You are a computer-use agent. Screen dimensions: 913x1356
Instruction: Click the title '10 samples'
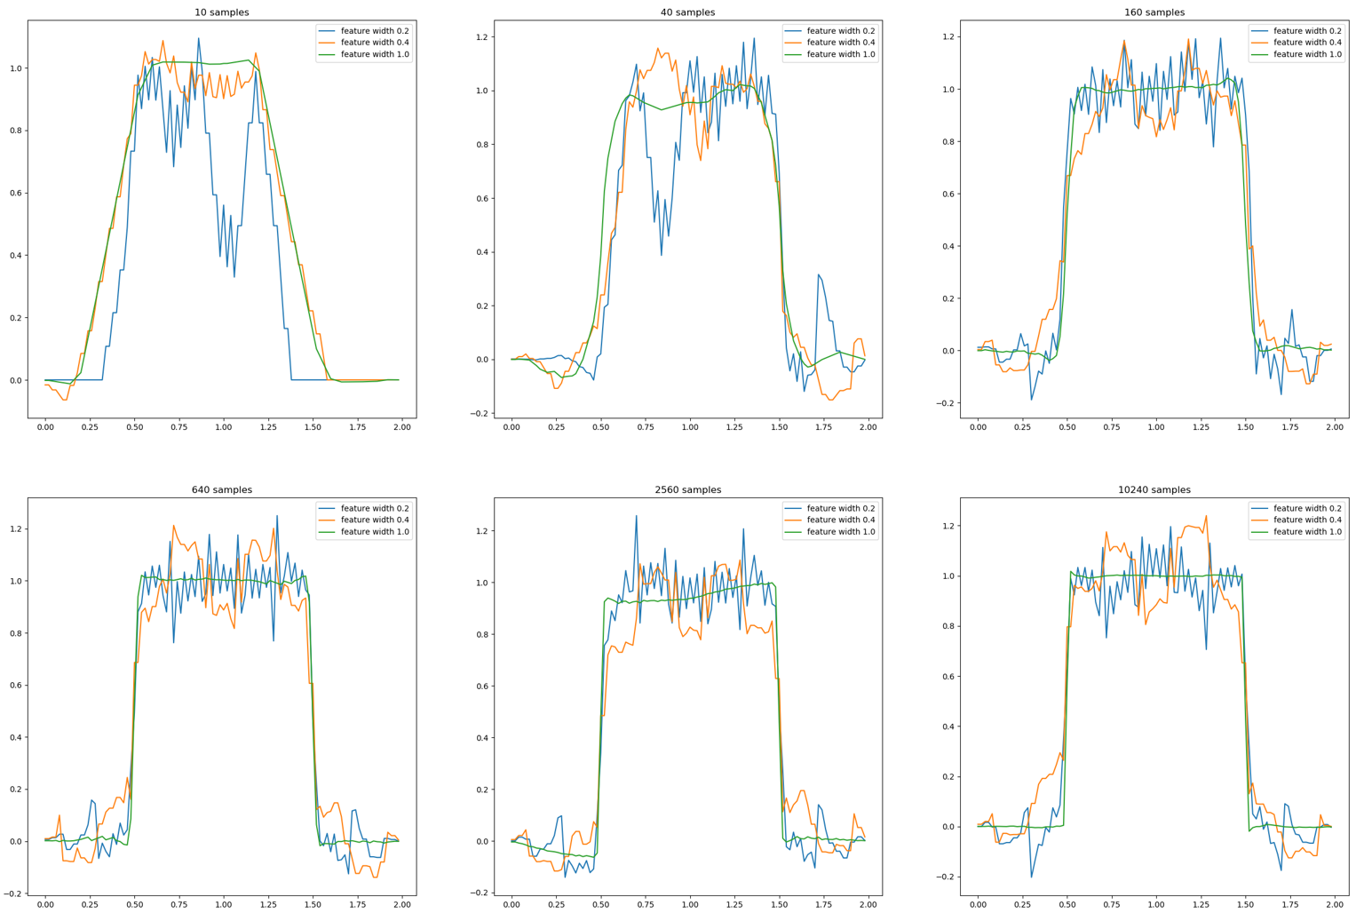[x=222, y=12]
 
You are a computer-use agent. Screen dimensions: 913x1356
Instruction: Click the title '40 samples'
[x=687, y=12]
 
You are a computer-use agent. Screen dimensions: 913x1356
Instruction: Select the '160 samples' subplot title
[x=1154, y=12]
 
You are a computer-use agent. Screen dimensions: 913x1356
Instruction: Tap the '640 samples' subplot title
[x=222, y=489]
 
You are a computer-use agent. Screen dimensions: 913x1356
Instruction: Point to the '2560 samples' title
[x=687, y=489]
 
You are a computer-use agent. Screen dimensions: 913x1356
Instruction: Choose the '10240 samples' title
[x=1154, y=489]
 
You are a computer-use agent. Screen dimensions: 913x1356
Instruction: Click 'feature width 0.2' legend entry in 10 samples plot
[x=375, y=31]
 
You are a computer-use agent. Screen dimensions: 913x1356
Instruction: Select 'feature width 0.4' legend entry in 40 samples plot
[x=840, y=43]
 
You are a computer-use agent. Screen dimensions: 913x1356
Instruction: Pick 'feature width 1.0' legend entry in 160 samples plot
[x=1307, y=54]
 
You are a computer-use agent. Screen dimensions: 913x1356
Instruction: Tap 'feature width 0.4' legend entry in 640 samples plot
[x=375, y=520]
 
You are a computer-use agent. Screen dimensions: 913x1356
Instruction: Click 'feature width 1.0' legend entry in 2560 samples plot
[x=840, y=532]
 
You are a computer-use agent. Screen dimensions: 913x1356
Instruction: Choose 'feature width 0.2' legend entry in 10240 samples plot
[x=1307, y=508]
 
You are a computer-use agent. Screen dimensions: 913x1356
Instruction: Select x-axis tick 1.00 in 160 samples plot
[x=1155, y=427]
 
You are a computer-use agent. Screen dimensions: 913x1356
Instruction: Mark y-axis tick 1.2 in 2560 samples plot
[x=480, y=531]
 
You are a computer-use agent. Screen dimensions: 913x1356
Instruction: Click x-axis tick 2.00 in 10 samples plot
[x=401, y=427]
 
